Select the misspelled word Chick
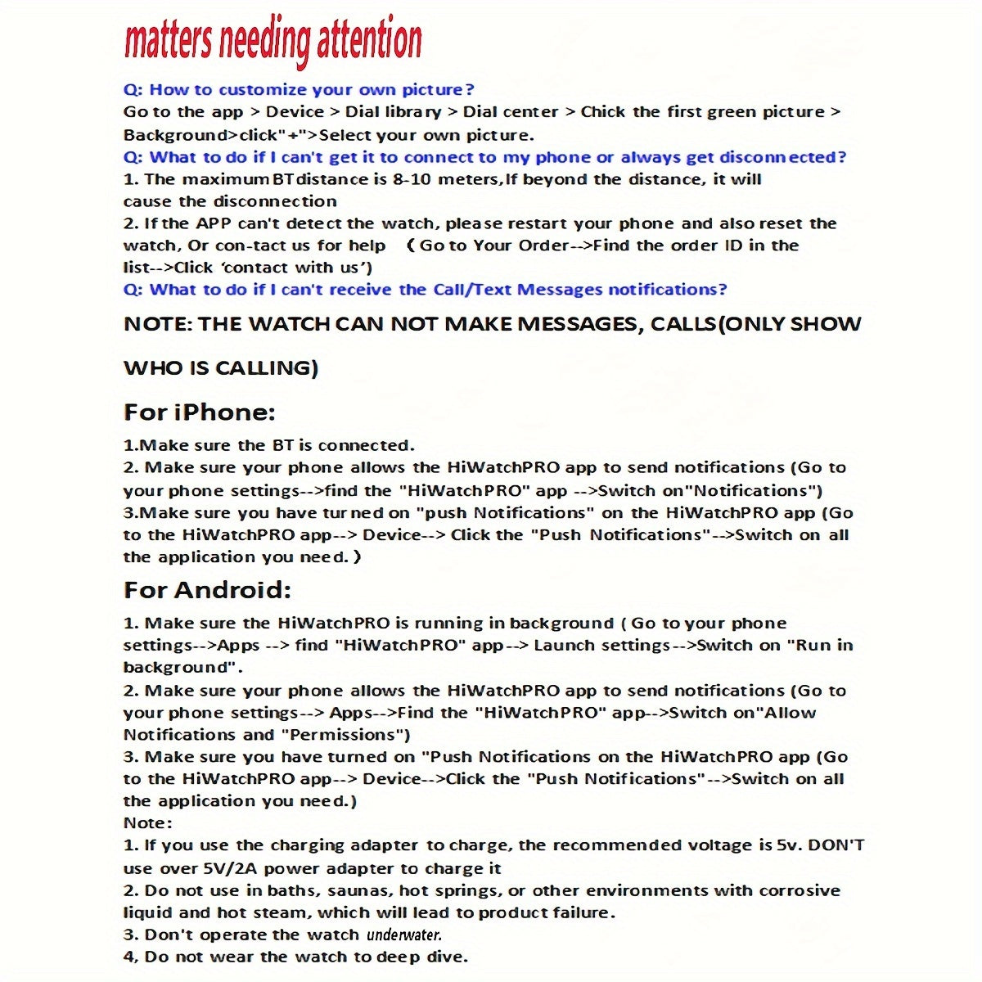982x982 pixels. tap(603, 112)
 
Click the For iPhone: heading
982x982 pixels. tap(199, 412)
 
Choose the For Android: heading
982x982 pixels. tap(207, 590)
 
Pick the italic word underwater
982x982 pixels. tap(404, 935)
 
